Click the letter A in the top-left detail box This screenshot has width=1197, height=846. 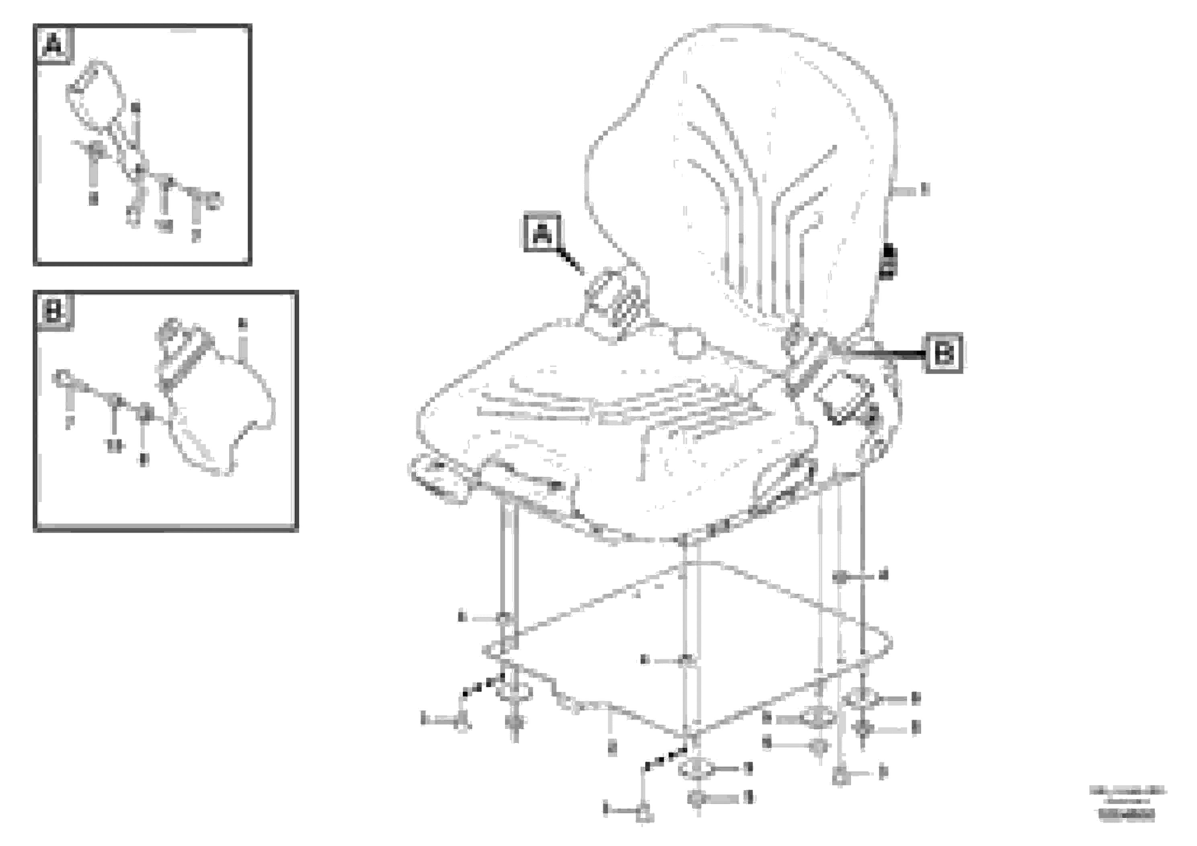(x=54, y=45)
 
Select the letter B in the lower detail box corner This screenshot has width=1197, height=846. (x=54, y=312)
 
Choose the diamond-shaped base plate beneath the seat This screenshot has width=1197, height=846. (x=688, y=647)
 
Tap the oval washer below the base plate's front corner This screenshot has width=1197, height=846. (x=694, y=769)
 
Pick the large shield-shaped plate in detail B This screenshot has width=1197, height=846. (x=224, y=412)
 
